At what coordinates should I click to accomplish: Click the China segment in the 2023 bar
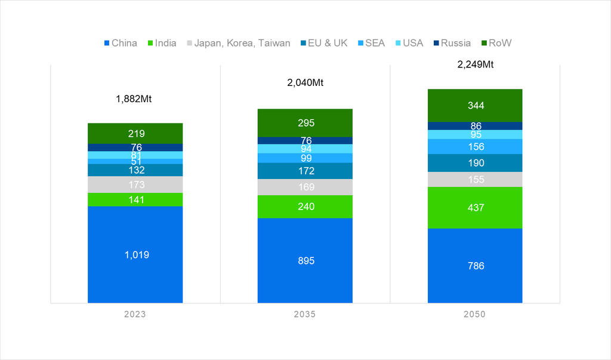(135, 254)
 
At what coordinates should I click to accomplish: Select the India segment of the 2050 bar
(475, 208)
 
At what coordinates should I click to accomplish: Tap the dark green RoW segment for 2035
(305, 123)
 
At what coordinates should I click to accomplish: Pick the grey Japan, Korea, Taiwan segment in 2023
(135, 184)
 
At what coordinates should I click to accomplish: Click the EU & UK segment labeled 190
(475, 163)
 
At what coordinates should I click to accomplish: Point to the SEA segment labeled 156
(475, 147)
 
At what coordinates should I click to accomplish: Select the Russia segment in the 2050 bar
(475, 126)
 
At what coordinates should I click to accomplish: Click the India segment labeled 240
(305, 207)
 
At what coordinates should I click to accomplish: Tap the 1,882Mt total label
(134, 99)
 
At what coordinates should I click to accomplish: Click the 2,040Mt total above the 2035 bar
(305, 83)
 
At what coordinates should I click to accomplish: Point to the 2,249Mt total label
(476, 64)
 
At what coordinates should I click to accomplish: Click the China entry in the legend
(121, 43)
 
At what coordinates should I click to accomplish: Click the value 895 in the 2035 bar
(305, 261)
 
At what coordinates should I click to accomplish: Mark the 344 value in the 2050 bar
(475, 106)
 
